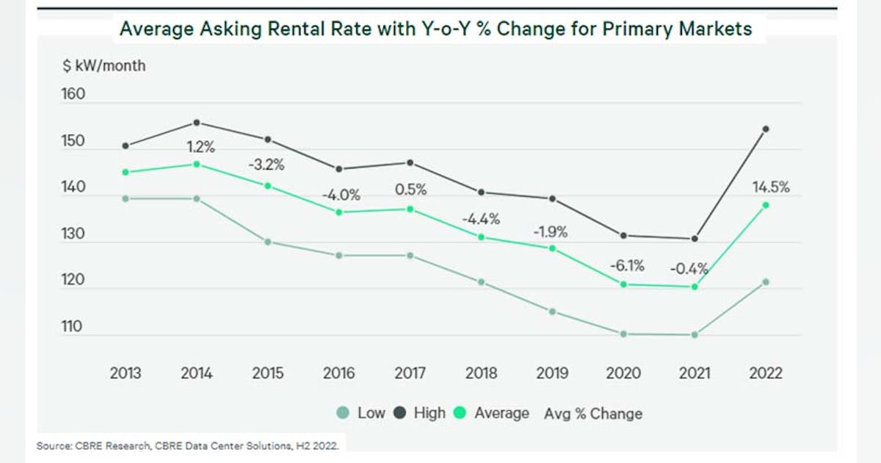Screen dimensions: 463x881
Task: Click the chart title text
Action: [x=435, y=29]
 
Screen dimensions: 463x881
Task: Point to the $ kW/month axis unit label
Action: [x=104, y=66]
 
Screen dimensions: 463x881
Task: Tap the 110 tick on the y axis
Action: [x=73, y=328]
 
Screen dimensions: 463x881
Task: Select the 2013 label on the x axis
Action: [x=126, y=373]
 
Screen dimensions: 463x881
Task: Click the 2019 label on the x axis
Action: [x=552, y=373]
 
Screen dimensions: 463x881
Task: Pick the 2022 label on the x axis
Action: [x=766, y=373]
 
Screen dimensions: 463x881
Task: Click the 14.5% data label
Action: [x=770, y=187]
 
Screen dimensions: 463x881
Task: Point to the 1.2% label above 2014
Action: [x=200, y=147]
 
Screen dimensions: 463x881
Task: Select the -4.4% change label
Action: [x=481, y=218]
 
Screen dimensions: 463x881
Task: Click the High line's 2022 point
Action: [x=766, y=129]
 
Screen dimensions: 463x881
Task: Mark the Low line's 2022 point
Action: [x=766, y=281]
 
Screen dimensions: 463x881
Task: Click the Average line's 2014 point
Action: [x=197, y=165]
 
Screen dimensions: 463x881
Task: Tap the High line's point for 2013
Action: [x=126, y=146]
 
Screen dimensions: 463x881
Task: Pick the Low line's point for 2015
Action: [x=268, y=242]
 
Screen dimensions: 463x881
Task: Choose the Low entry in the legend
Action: [x=362, y=413]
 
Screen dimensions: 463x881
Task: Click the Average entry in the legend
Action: [x=493, y=413]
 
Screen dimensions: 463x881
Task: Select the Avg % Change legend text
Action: [x=592, y=414]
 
